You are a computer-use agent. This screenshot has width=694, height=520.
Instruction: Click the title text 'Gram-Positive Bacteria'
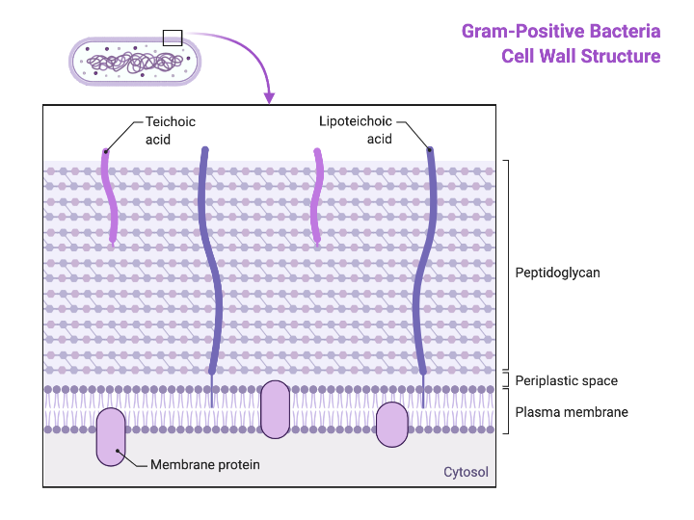[x=560, y=31]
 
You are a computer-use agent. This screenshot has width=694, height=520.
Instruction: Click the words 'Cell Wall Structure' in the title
[x=580, y=56]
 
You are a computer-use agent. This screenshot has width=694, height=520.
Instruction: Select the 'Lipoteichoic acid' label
[x=356, y=130]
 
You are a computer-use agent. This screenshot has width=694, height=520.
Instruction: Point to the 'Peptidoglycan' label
[x=557, y=273]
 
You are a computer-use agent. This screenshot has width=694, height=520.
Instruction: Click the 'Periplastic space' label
[x=566, y=380]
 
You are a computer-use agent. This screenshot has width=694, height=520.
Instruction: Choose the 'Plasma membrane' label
[x=572, y=412]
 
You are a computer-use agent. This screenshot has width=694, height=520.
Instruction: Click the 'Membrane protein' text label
[x=205, y=464]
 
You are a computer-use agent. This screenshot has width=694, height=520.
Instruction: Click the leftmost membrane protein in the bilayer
[x=110, y=436]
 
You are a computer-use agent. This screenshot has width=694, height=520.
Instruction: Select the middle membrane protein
[x=275, y=409]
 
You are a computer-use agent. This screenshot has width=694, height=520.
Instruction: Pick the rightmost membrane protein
[x=391, y=425]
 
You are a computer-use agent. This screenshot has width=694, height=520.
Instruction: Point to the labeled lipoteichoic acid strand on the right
[x=421, y=260]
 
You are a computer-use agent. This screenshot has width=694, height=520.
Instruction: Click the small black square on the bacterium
[x=172, y=38]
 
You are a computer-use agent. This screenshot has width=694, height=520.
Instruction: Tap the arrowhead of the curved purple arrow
[x=270, y=97]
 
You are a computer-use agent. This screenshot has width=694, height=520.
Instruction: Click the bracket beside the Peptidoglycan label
[x=507, y=265]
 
